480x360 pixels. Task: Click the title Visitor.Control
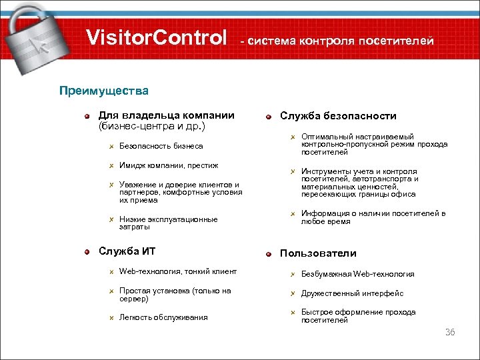click(157, 38)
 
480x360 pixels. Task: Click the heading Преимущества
click(104, 90)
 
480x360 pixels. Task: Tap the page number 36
click(449, 331)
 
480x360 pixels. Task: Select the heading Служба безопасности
click(338, 116)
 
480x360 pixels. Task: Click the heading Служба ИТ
click(127, 251)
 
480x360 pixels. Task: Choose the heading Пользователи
click(318, 253)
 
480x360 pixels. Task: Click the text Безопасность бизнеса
click(161, 145)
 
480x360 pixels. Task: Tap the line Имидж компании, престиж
click(169, 165)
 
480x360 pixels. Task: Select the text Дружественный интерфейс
click(352, 293)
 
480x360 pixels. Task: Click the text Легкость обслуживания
click(163, 317)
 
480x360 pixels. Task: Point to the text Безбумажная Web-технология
click(357, 274)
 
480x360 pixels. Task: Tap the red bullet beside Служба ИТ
click(87, 251)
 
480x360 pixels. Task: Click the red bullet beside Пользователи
click(268, 254)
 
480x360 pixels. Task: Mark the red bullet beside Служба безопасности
click(268, 117)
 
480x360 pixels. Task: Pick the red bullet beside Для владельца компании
click(87, 116)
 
